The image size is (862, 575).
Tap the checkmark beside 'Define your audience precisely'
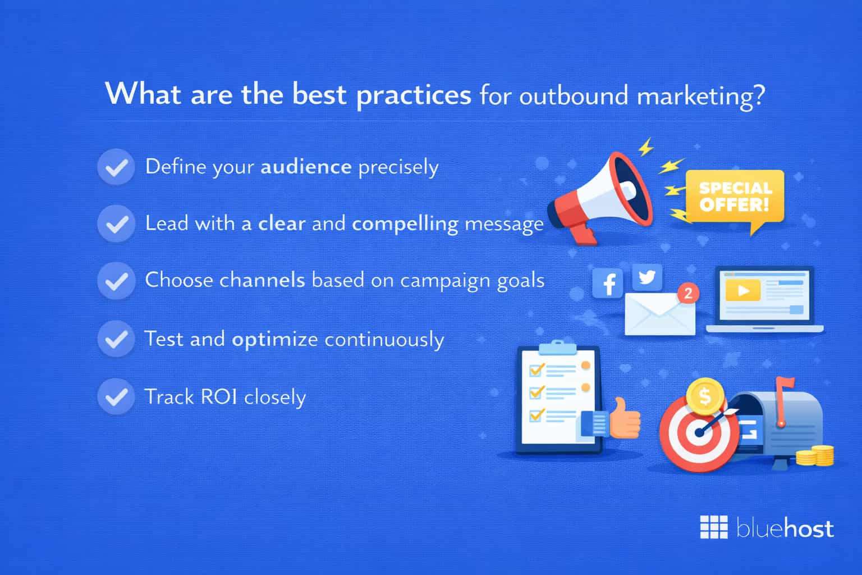pyautogui.click(x=116, y=167)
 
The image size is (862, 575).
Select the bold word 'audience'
pyautogui.click(x=306, y=167)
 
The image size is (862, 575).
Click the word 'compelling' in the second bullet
pyautogui.click(x=405, y=224)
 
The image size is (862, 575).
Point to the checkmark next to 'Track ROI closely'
pyautogui.click(x=116, y=396)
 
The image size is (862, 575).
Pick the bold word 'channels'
pyautogui.click(x=262, y=280)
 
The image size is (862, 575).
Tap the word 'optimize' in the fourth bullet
pyautogui.click(x=274, y=340)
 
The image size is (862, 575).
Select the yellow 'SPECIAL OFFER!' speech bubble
pyautogui.click(x=734, y=198)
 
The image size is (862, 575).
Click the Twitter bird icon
pyautogui.click(x=647, y=277)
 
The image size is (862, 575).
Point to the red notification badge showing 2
pyautogui.click(x=687, y=293)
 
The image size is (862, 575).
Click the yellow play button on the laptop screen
pyautogui.click(x=742, y=291)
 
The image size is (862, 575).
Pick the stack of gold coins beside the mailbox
pyautogui.click(x=815, y=455)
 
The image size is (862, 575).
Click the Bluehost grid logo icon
pyautogui.click(x=713, y=527)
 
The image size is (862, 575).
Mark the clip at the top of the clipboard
pyautogui.click(x=557, y=348)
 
